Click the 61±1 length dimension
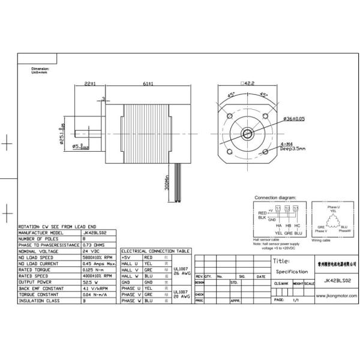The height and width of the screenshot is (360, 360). pos(147,84)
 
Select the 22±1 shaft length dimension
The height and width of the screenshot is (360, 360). pos(91,84)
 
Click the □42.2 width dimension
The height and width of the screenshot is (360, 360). pos(247,84)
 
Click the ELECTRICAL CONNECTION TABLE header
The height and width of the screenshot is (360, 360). pos(155,251)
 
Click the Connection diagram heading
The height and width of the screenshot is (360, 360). pos(275,197)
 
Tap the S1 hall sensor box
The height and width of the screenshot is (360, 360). pos(278,208)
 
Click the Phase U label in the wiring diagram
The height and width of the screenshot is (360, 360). pos(333,206)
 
